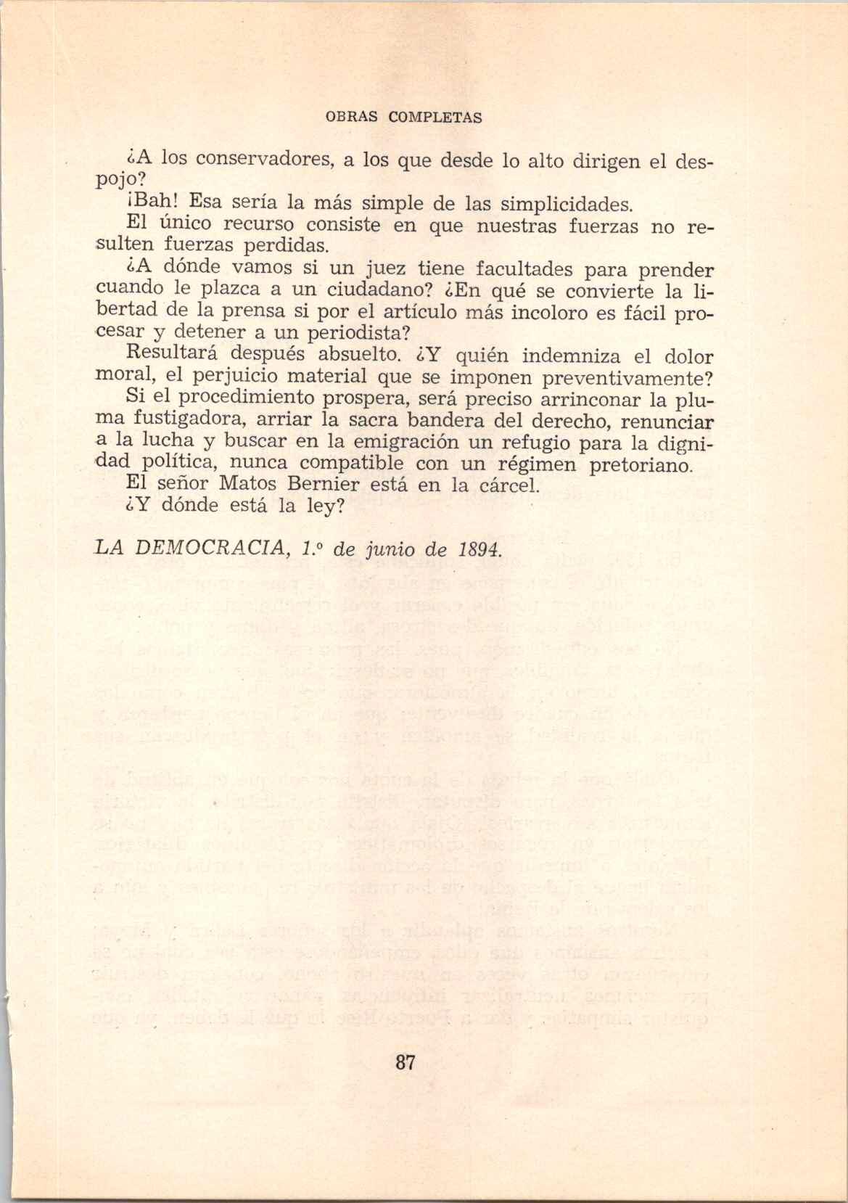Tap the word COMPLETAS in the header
coord(435,117)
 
